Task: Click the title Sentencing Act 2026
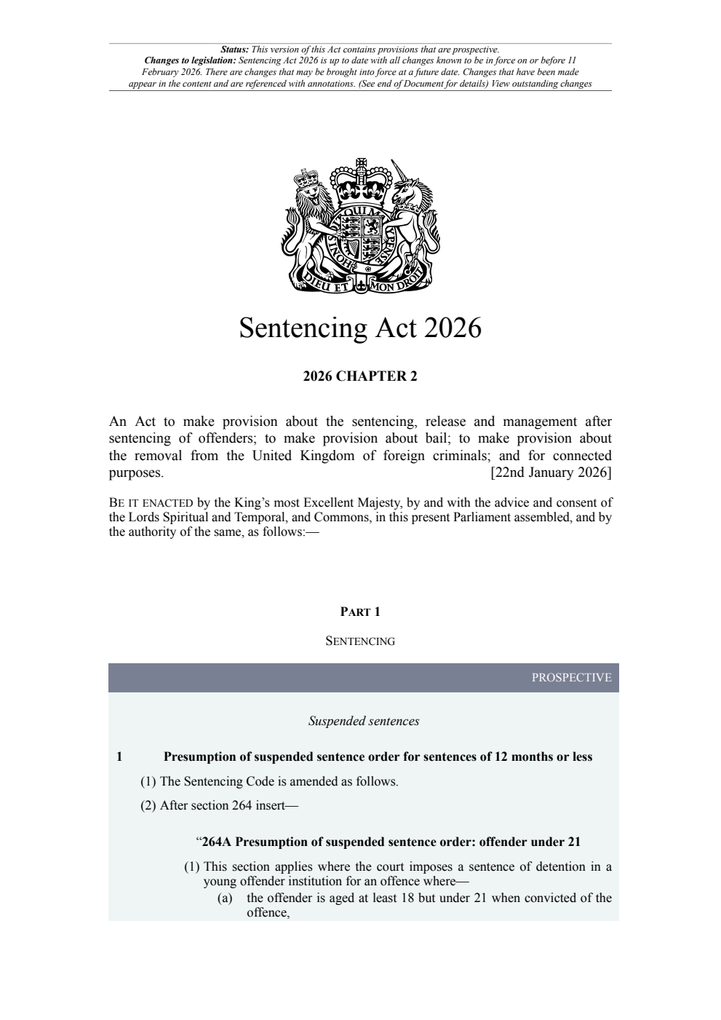[360, 328]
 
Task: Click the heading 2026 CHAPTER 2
[360, 376]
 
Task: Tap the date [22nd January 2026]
[551, 473]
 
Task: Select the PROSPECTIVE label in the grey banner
[571, 678]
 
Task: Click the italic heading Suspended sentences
[364, 721]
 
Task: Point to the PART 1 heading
[360, 612]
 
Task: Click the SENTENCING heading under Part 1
[360, 641]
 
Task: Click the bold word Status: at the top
[234, 50]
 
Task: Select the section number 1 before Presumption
[119, 757]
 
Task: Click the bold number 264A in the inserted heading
[217, 842]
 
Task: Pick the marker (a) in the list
[225, 898]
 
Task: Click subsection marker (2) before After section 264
[148, 806]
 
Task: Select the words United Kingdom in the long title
[302, 456]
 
